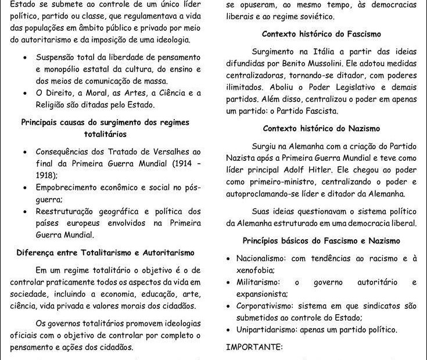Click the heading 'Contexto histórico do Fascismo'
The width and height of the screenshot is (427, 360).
tap(321, 35)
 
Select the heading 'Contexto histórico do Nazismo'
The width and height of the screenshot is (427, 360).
tap(321, 128)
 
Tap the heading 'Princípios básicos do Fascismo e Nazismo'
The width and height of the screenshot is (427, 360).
tap(321, 240)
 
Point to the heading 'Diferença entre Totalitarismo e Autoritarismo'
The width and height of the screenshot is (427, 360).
tap(105, 253)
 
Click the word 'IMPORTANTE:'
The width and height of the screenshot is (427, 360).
tap(253, 347)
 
